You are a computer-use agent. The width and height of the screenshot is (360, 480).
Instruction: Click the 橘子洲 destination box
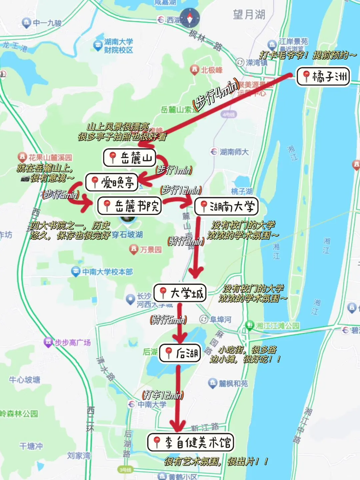tap(323, 77)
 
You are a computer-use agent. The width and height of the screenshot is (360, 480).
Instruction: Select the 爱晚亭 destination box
tap(112, 182)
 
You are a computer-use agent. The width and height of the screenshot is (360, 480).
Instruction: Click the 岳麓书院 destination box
tap(130, 206)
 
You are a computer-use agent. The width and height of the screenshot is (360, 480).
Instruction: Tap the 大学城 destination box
tap(180, 293)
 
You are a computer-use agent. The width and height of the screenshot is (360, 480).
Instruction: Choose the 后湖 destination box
tap(180, 353)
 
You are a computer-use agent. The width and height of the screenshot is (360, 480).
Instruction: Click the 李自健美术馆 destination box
tap(191, 442)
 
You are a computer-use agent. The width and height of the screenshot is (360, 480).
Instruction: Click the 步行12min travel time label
tap(181, 190)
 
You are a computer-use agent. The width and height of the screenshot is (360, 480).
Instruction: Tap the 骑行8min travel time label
tap(186, 241)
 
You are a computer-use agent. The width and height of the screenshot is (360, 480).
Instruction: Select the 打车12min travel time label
tap(163, 395)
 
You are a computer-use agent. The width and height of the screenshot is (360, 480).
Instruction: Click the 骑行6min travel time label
tap(169, 320)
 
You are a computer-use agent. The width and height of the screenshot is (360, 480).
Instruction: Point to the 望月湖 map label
tap(249, 14)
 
